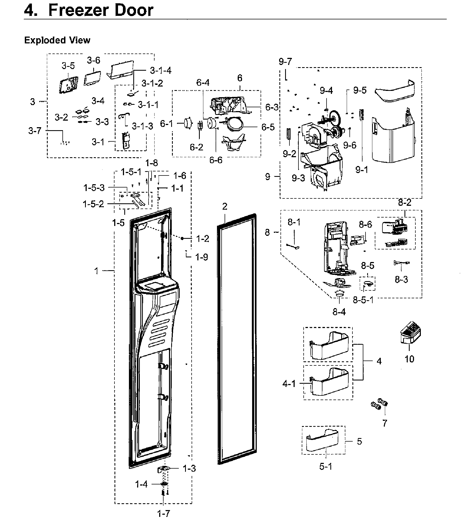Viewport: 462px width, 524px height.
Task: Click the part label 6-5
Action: [268, 127]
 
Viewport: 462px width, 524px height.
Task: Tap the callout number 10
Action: [409, 359]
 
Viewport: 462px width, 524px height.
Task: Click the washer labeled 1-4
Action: [164, 484]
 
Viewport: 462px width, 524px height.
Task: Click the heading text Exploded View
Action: [57, 40]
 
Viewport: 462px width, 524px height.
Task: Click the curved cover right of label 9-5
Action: [395, 92]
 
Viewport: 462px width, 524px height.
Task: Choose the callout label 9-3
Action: [298, 178]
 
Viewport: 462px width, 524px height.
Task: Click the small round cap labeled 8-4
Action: [339, 293]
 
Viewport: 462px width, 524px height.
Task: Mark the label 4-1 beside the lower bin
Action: [289, 384]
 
